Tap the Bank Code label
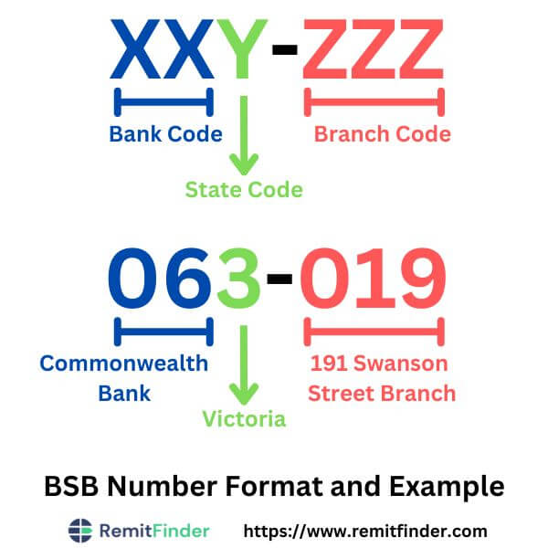tap(165, 134)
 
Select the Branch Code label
tap(382, 134)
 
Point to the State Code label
tap(244, 190)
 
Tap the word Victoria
tap(244, 419)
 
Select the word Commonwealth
tap(124, 364)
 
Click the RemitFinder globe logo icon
tap(81, 530)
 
